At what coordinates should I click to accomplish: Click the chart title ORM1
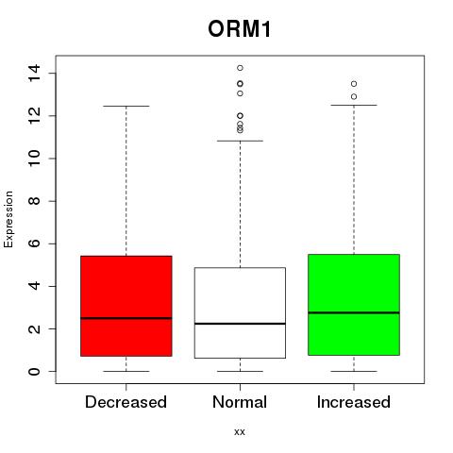point(240,29)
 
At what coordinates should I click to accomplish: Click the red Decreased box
point(126,306)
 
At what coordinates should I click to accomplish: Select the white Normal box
point(240,312)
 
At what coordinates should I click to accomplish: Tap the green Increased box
point(354,305)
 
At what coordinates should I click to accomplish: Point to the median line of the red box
point(126,318)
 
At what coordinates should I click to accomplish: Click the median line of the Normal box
point(240,324)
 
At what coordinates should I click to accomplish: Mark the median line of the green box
point(354,312)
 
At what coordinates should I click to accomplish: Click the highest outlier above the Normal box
point(240,68)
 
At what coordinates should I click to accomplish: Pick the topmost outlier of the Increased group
point(354,84)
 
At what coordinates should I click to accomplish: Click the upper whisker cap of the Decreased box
point(126,106)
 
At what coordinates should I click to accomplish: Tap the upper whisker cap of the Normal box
point(240,141)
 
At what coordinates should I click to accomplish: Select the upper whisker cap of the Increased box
point(354,105)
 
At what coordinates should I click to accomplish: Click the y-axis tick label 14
point(34,74)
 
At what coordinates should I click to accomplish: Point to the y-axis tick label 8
point(34,201)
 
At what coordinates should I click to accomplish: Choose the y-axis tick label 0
point(34,372)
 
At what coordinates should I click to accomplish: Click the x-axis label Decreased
point(126,402)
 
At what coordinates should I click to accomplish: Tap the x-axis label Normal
point(240,402)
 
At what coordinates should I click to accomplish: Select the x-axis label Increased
point(354,402)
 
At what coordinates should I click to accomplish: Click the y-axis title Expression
point(8,219)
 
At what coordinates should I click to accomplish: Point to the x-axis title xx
point(240,432)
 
